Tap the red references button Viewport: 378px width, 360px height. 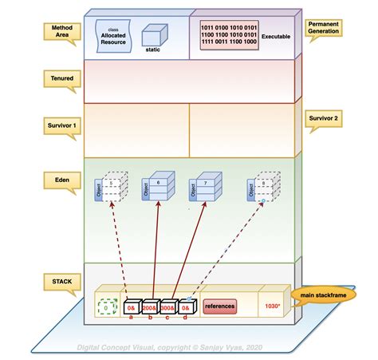(x=219, y=306)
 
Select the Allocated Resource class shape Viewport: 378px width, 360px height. (x=112, y=36)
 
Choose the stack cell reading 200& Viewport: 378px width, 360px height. (x=151, y=307)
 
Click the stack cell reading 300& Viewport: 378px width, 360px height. (x=168, y=307)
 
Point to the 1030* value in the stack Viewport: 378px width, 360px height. (x=273, y=306)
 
